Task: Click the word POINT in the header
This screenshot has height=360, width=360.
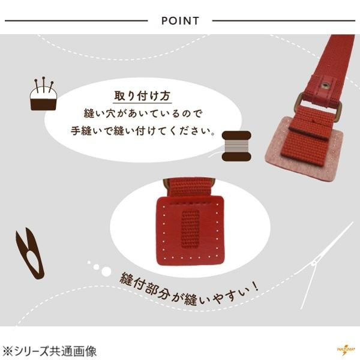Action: pyautogui.click(x=180, y=20)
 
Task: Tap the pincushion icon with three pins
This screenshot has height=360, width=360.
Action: pyautogui.click(x=43, y=94)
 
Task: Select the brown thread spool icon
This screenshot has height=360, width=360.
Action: pyautogui.click(x=236, y=146)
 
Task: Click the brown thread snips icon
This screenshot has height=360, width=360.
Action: pyautogui.click(x=29, y=254)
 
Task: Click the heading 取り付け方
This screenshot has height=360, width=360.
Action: pyautogui.click(x=142, y=96)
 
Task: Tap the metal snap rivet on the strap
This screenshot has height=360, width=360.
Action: pyautogui.click(x=325, y=85)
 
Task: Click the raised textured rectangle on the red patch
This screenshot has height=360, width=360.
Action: pyautogui.click(x=190, y=229)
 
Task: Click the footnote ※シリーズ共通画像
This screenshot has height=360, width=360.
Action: pyautogui.click(x=49, y=352)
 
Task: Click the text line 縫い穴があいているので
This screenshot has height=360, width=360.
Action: pyautogui.click(x=143, y=113)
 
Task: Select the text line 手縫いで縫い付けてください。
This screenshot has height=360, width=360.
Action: pyautogui.click(x=144, y=131)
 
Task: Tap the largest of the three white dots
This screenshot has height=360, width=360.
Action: pyautogui.click(x=106, y=271)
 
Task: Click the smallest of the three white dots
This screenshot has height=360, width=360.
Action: pyautogui.click(x=89, y=262)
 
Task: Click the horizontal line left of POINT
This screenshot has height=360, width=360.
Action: pyautogui.click(x=76, y=20)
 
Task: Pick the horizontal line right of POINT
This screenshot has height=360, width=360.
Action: pyautogui.click(x=284, y=20)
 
